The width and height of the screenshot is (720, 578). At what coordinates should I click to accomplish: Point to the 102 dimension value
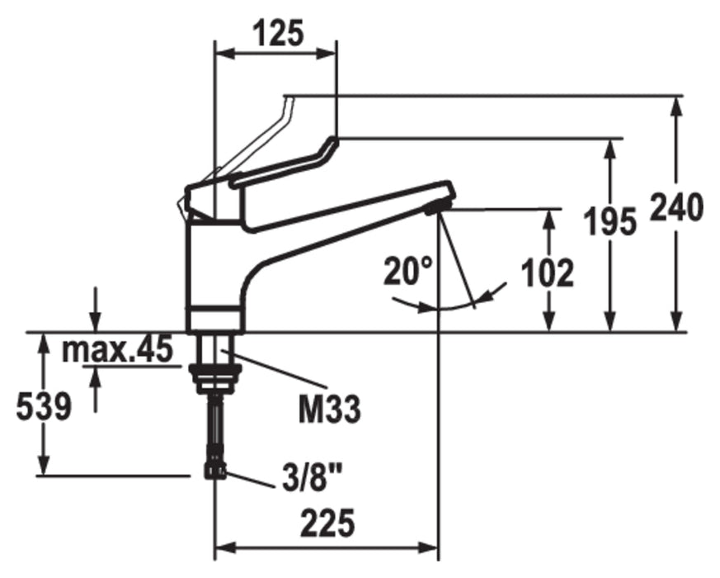(x=548, y=273)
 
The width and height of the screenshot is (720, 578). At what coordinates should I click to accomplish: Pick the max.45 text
(x=118, y=349)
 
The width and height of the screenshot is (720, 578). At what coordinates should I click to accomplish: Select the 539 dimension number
(x=44, y=407)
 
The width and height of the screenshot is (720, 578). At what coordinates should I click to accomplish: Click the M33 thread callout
(x=330, y=410)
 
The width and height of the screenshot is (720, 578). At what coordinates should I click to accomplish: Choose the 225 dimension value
(x=329, y=524)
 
